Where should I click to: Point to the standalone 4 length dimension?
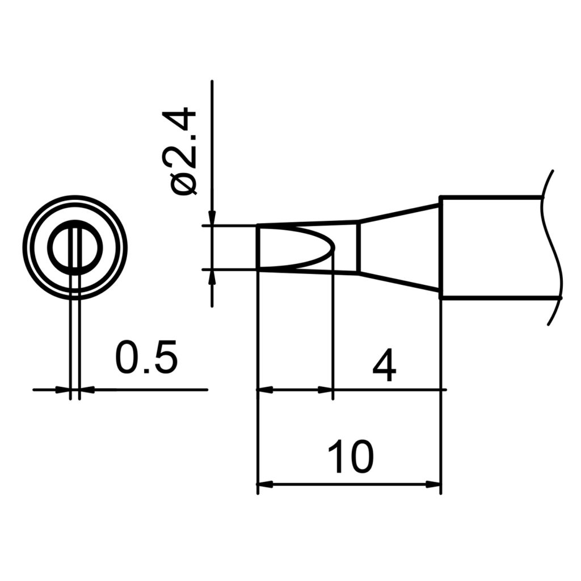[x=384, y=367]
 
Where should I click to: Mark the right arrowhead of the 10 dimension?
[x=433, y=485]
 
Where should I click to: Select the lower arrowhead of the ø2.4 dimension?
[x=212, y=277]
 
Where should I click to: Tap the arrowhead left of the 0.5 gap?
[x=64, y=390]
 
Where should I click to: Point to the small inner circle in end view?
[x=74, y=247]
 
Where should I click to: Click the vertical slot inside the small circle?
[x=75, y=247]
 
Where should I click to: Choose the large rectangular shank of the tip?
[x=491, y=247]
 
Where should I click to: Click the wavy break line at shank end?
[x=552, y=247]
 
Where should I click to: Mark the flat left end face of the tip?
[x=258, y=247]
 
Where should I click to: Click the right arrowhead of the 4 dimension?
[x=326, y=390]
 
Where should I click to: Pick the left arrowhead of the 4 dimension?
[x=265, y=390]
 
